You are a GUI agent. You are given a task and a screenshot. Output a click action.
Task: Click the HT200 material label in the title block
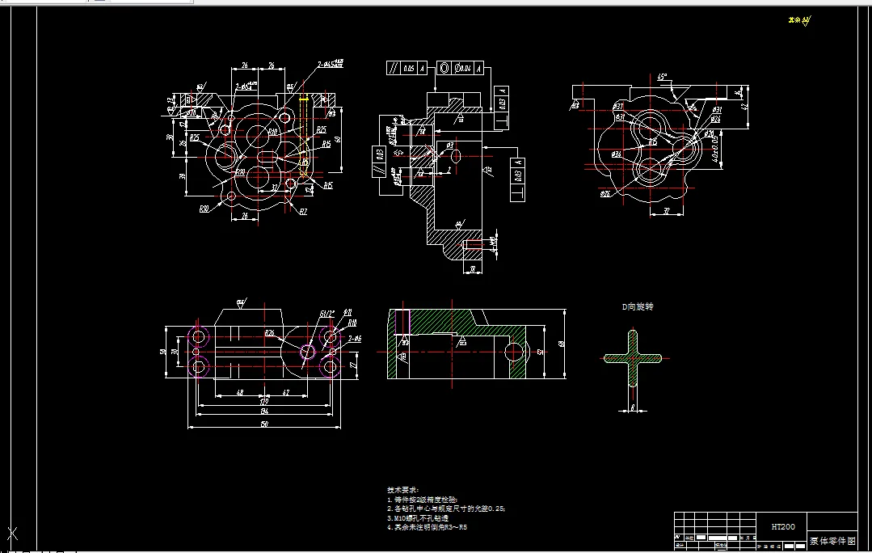782,526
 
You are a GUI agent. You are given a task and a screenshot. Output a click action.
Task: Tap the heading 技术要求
402,490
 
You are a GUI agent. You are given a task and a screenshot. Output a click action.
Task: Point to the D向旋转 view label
637,307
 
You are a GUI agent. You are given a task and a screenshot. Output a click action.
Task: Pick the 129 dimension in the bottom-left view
263,401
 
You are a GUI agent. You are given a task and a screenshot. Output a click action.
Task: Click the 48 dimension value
239,392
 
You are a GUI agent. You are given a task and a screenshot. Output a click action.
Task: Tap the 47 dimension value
286,392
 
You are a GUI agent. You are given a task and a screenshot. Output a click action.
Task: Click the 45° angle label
662,78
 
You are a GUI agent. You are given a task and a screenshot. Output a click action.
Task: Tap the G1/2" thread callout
326,313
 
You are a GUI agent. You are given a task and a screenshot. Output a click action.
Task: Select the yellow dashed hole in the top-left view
304,104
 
